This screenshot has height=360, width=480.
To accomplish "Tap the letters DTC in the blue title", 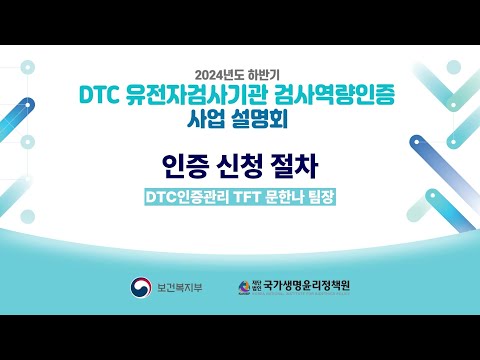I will pyautogui.click(x=101, y=97).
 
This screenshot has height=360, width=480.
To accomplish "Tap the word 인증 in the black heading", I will pyautogui.click(x=180, y=163).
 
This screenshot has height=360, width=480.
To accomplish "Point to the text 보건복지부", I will pyautogui.click(x=180, y=288).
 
